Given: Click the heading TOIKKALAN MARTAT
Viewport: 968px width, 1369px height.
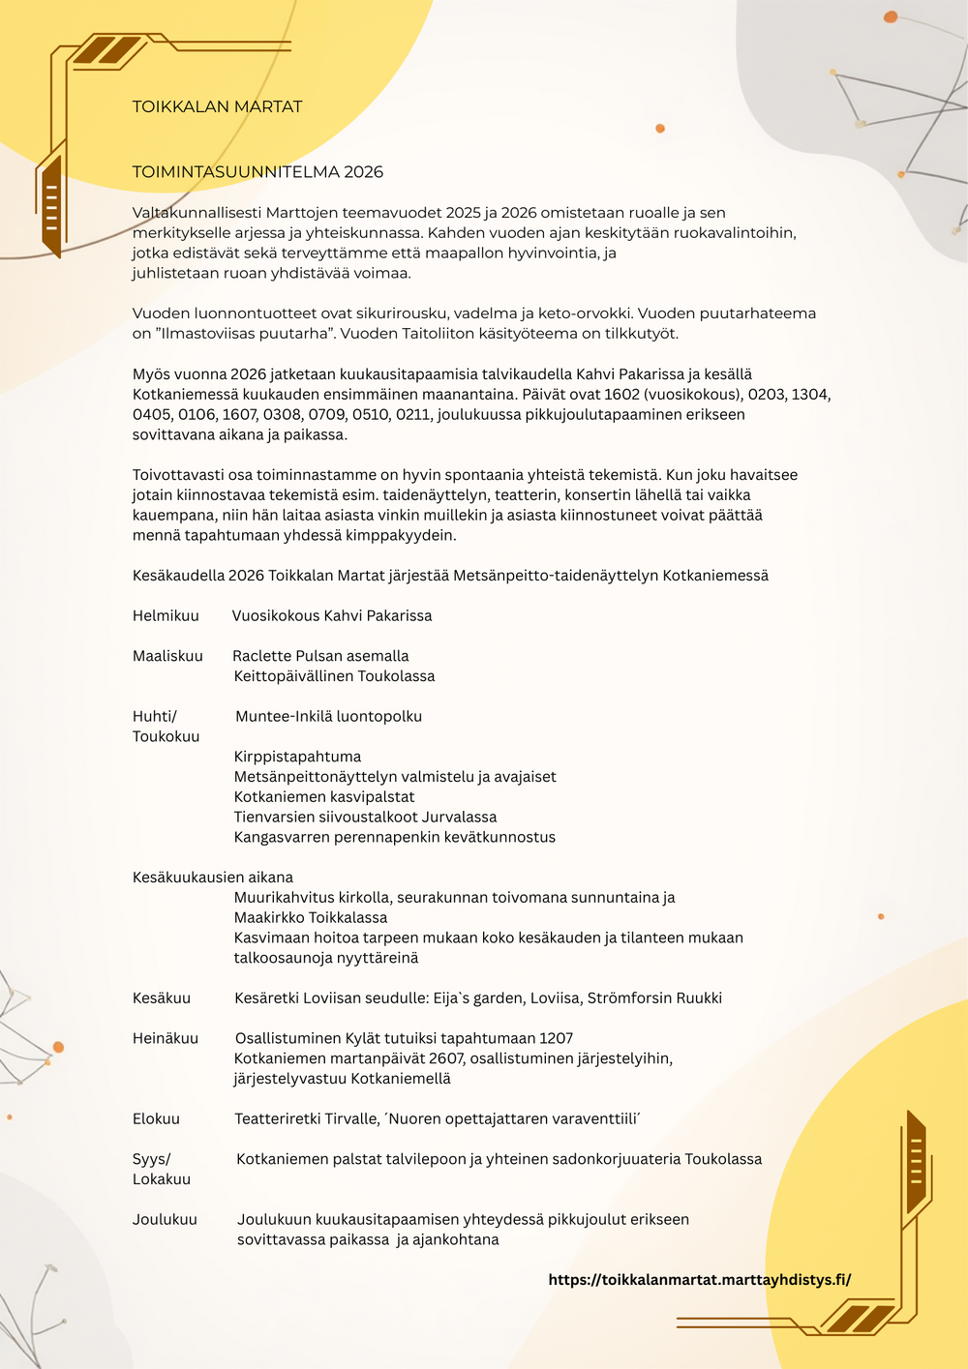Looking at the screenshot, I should pyautogui.click(x=217, y=106).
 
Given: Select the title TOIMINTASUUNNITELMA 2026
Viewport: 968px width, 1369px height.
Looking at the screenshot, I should pyautogui.click(x=257, y=172).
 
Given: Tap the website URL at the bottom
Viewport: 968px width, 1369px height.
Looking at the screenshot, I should pyautogui.click(x=699, y=1279).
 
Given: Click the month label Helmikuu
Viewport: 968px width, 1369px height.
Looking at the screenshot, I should pyautogui.click(x=166, y=615).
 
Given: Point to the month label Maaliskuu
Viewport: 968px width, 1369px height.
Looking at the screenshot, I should pyautogui.click(x=167, y=656).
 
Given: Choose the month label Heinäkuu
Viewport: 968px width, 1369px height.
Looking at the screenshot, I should pyautogui.click(x=166, y=1038).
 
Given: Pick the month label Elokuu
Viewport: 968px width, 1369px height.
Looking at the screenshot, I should pyautogui.click(x=156, y=1118).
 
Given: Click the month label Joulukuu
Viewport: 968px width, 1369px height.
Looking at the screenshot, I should pyautogui.click(x=165, y=1219).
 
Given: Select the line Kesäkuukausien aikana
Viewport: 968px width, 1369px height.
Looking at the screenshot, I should pyautogui.click(x=213, y=878).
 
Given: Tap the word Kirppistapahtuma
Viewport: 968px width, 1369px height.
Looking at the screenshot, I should pyautogui.click(x=297, y=757).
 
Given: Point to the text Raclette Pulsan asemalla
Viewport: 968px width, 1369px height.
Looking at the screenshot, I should pyautogui.click(x=320, y=656).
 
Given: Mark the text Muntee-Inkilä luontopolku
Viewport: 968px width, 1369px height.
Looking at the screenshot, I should pyautogui.click(x=328, y=716).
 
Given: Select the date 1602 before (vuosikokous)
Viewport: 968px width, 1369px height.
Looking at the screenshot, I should pyautogui.click(x=622, y=395).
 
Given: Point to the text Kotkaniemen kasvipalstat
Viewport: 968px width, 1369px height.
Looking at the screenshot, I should pyautogui.click(x=324, y=797).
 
